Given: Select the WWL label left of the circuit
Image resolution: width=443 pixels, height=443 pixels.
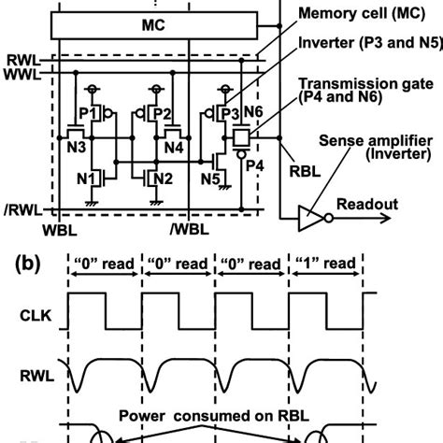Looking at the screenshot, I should (x=21, y=76).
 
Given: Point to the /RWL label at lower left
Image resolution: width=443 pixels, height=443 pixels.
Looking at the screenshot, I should (x=22, y=208).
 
